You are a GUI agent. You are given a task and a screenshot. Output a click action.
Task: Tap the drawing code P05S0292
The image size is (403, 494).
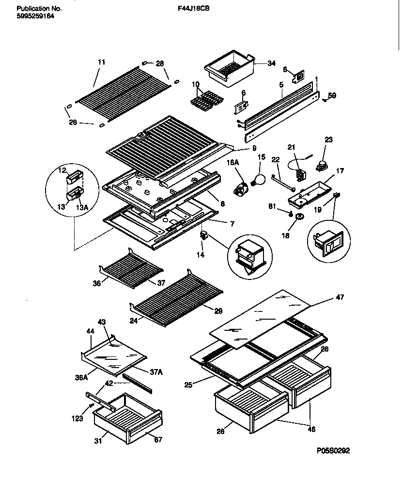click(x=333, y=450)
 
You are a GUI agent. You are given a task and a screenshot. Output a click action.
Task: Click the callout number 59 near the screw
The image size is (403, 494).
click(x=332, y=95)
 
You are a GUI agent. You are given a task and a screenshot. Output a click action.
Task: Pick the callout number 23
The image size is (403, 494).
click(x=329, y=139)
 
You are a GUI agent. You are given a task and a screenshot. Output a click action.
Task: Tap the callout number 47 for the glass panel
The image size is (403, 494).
click(x=340, y=297)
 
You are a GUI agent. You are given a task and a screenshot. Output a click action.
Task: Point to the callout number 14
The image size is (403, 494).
click(x=201, y=253)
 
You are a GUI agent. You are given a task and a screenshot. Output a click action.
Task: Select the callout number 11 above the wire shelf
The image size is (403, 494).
click(x=101, y=62)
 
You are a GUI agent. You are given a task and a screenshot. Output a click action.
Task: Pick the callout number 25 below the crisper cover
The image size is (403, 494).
click(x=188, y=385)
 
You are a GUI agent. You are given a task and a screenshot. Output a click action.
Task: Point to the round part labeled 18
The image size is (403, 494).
click(x=299, y=215)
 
